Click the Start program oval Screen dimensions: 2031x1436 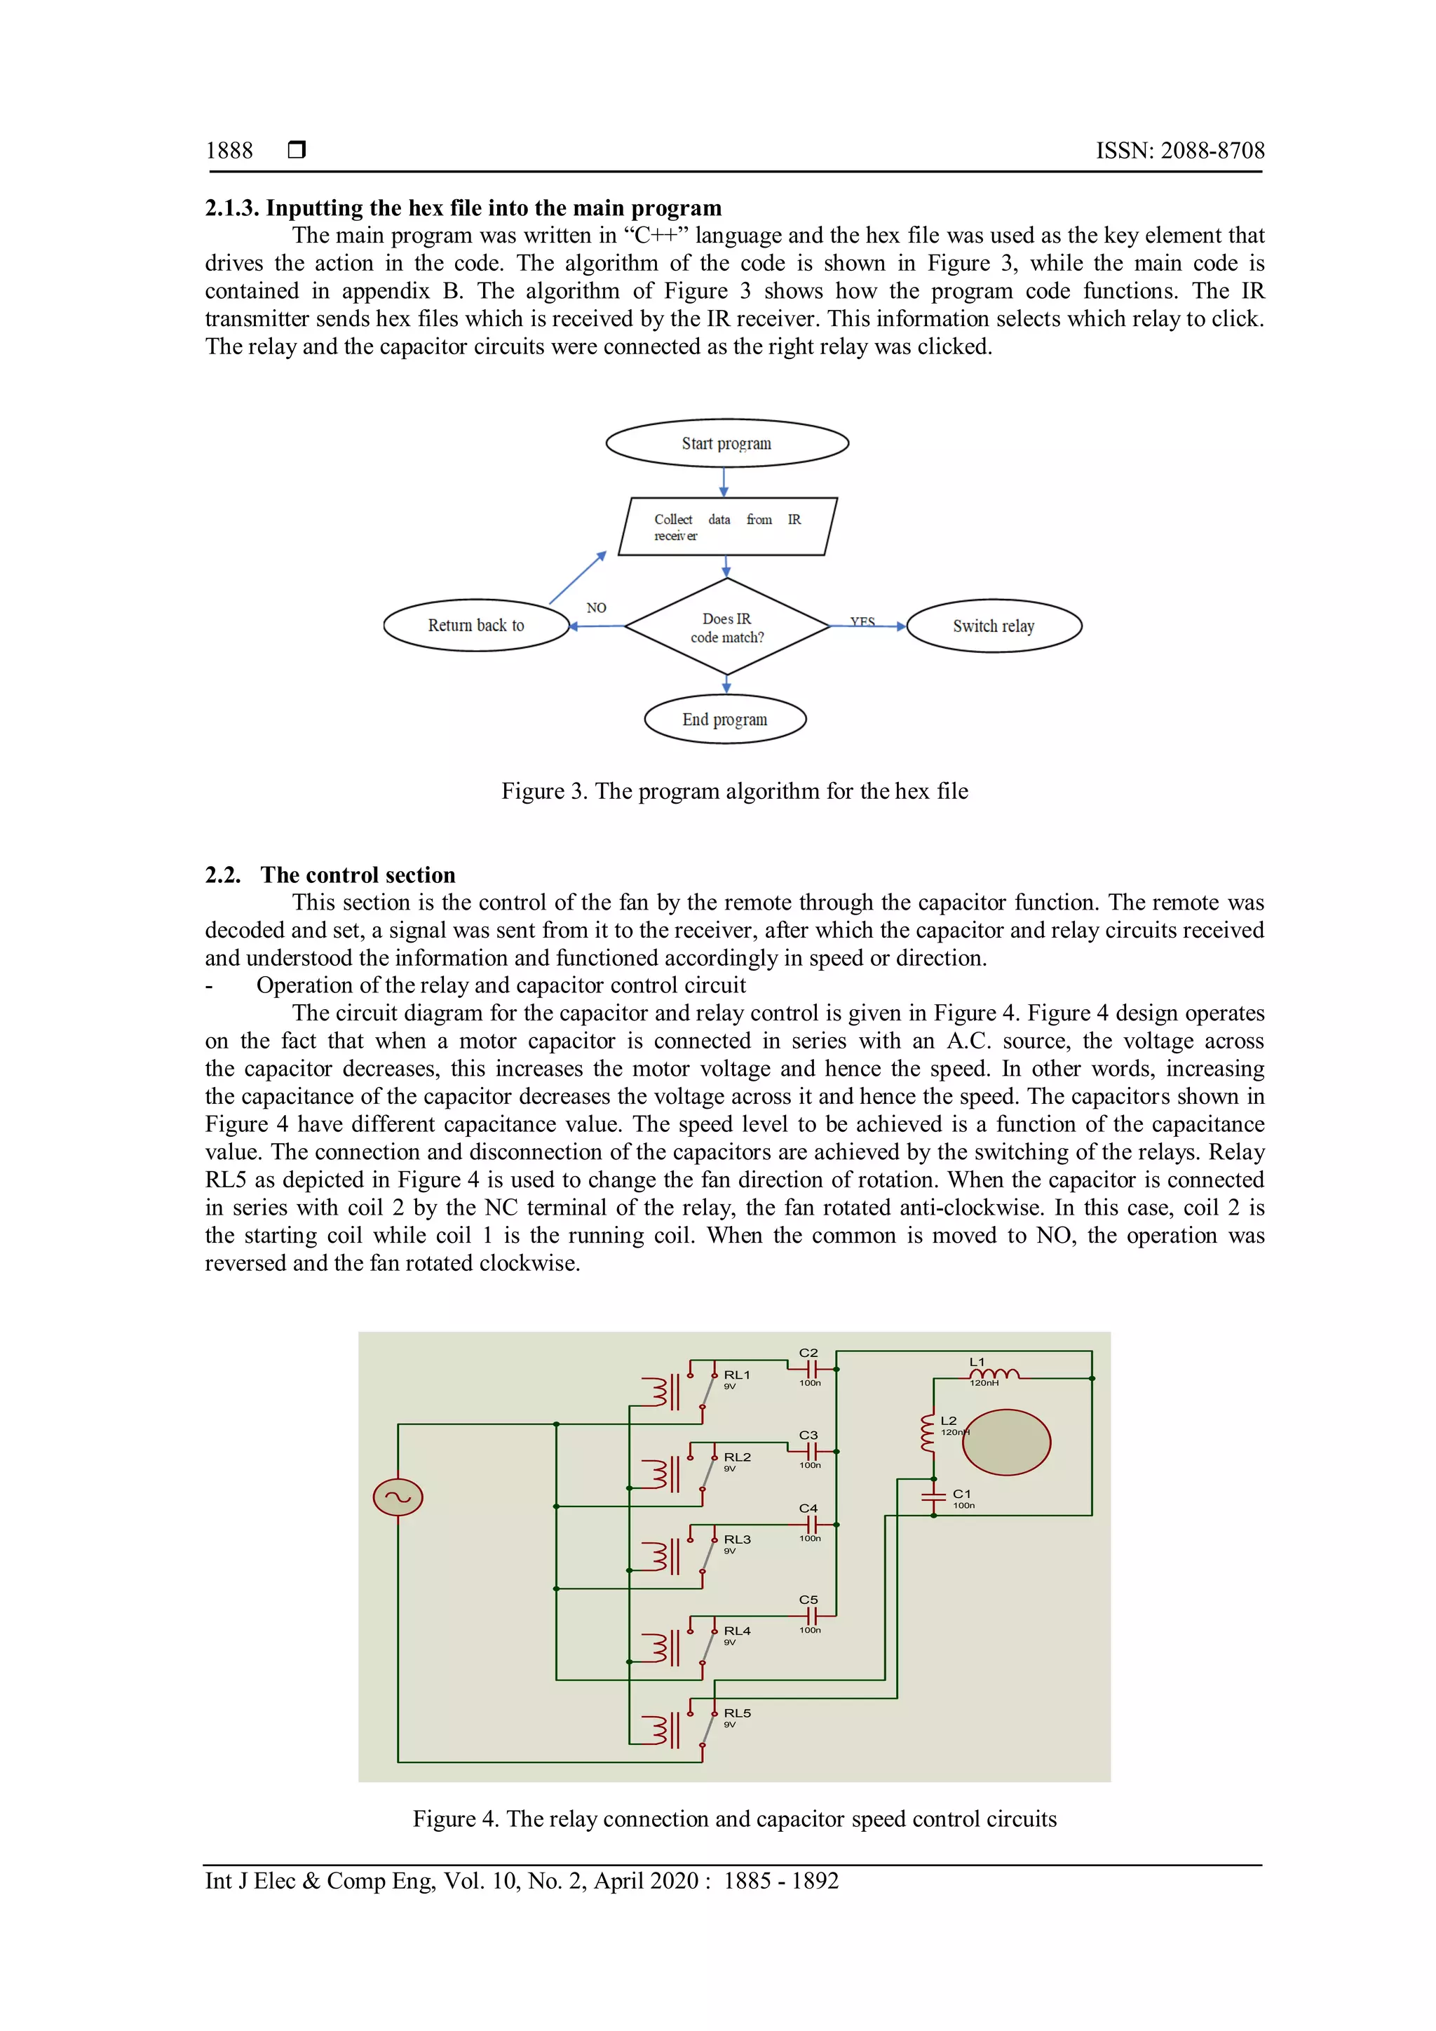pyautogui.click(x=727, y=443)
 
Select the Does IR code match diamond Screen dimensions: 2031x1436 pyautogui.click(x=727, y=627)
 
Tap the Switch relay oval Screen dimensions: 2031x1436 pyautogui.click(x=994, y=626)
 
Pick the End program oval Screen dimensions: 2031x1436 pyautogui.click(x=725, y=719)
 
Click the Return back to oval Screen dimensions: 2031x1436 pyautogui.click(x=477, y=626)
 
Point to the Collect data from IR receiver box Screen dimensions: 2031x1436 pyautogui.click(x=727, y=527)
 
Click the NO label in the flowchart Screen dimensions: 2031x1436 pyautogui.click(x=596, y=608)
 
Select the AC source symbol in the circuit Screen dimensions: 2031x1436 pyautogui.click(x=398, y=1497)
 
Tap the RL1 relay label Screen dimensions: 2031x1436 pyautogui.click(x=736, y=1375)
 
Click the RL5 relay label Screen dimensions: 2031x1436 pyautogui.click(x=736, y=1713)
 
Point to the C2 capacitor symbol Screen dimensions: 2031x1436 pyautogui.click(x=811, y=1368)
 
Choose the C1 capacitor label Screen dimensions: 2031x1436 pyautogui.click(x=961, y=1494)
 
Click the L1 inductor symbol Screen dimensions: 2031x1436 pyautogui.click(x=994, y=1375)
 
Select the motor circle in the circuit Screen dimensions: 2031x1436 pyautogui.click(x=1006, y=1442)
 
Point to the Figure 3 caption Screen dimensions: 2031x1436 pyautogui.click(x=734, y=791)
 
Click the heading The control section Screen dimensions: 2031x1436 pyautogui.click(x=357, y=875)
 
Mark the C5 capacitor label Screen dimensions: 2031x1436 pyautogui.click(x=808, y=1599)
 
